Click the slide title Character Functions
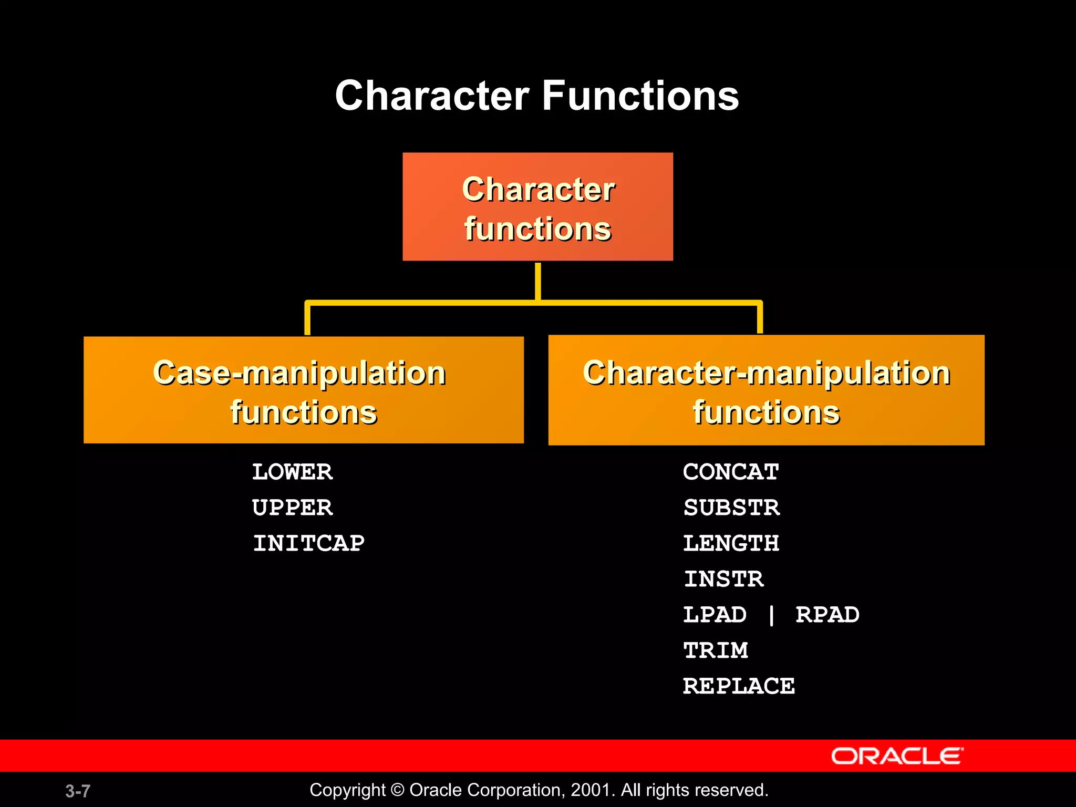tap(537, 96)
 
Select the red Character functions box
tap(537, 206)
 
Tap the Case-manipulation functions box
tap(303, 390)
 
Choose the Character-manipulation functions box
tap(766, 390)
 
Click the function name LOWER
tap(292, 472)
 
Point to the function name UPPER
tap(292, 508)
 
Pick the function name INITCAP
tap(308, 543)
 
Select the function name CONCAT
tap(731, 472)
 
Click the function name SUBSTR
tap(731, 508)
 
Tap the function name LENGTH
tap(731, 543)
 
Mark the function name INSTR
tap(723, 579)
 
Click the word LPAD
tap(715, 615)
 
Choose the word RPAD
tap(827, 615)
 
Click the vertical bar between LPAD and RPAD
tap(771, 615)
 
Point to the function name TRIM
tap(716, 650)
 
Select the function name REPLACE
tap(739, 686)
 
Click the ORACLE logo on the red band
tap(897, 756)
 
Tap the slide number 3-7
tap(78, 791)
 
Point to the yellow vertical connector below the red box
tap(538, 281)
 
